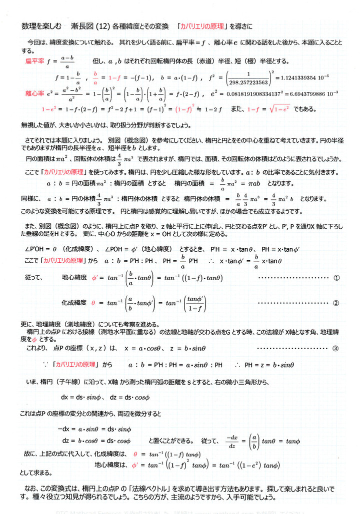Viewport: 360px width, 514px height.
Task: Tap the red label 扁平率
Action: tap(35, 61)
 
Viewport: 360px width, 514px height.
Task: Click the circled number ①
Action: tap(336, 277)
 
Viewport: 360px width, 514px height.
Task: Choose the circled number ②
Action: tap(336, 303)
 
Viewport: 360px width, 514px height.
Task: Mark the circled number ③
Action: tap(336, 348)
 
